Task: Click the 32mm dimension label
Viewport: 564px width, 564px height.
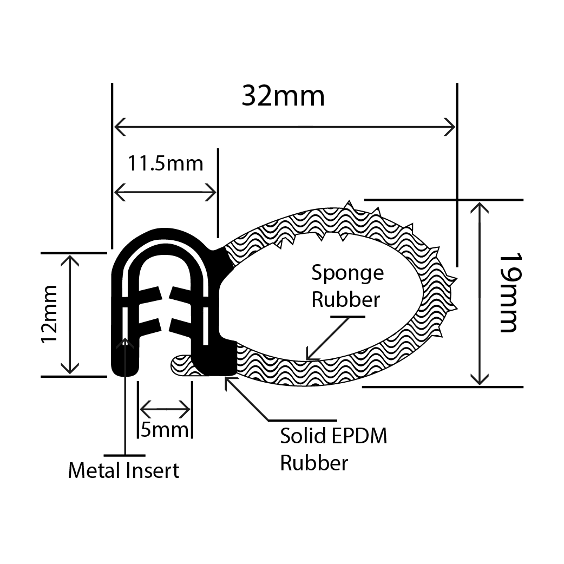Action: (283, 96)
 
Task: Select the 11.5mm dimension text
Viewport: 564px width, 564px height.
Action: (165, 163)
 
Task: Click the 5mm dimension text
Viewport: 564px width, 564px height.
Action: (165, 430)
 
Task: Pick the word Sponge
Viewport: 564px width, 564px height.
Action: (347, 273)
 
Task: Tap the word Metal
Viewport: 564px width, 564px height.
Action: (93, 471)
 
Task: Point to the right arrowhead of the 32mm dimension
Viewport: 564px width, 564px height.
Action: (450, 128)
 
